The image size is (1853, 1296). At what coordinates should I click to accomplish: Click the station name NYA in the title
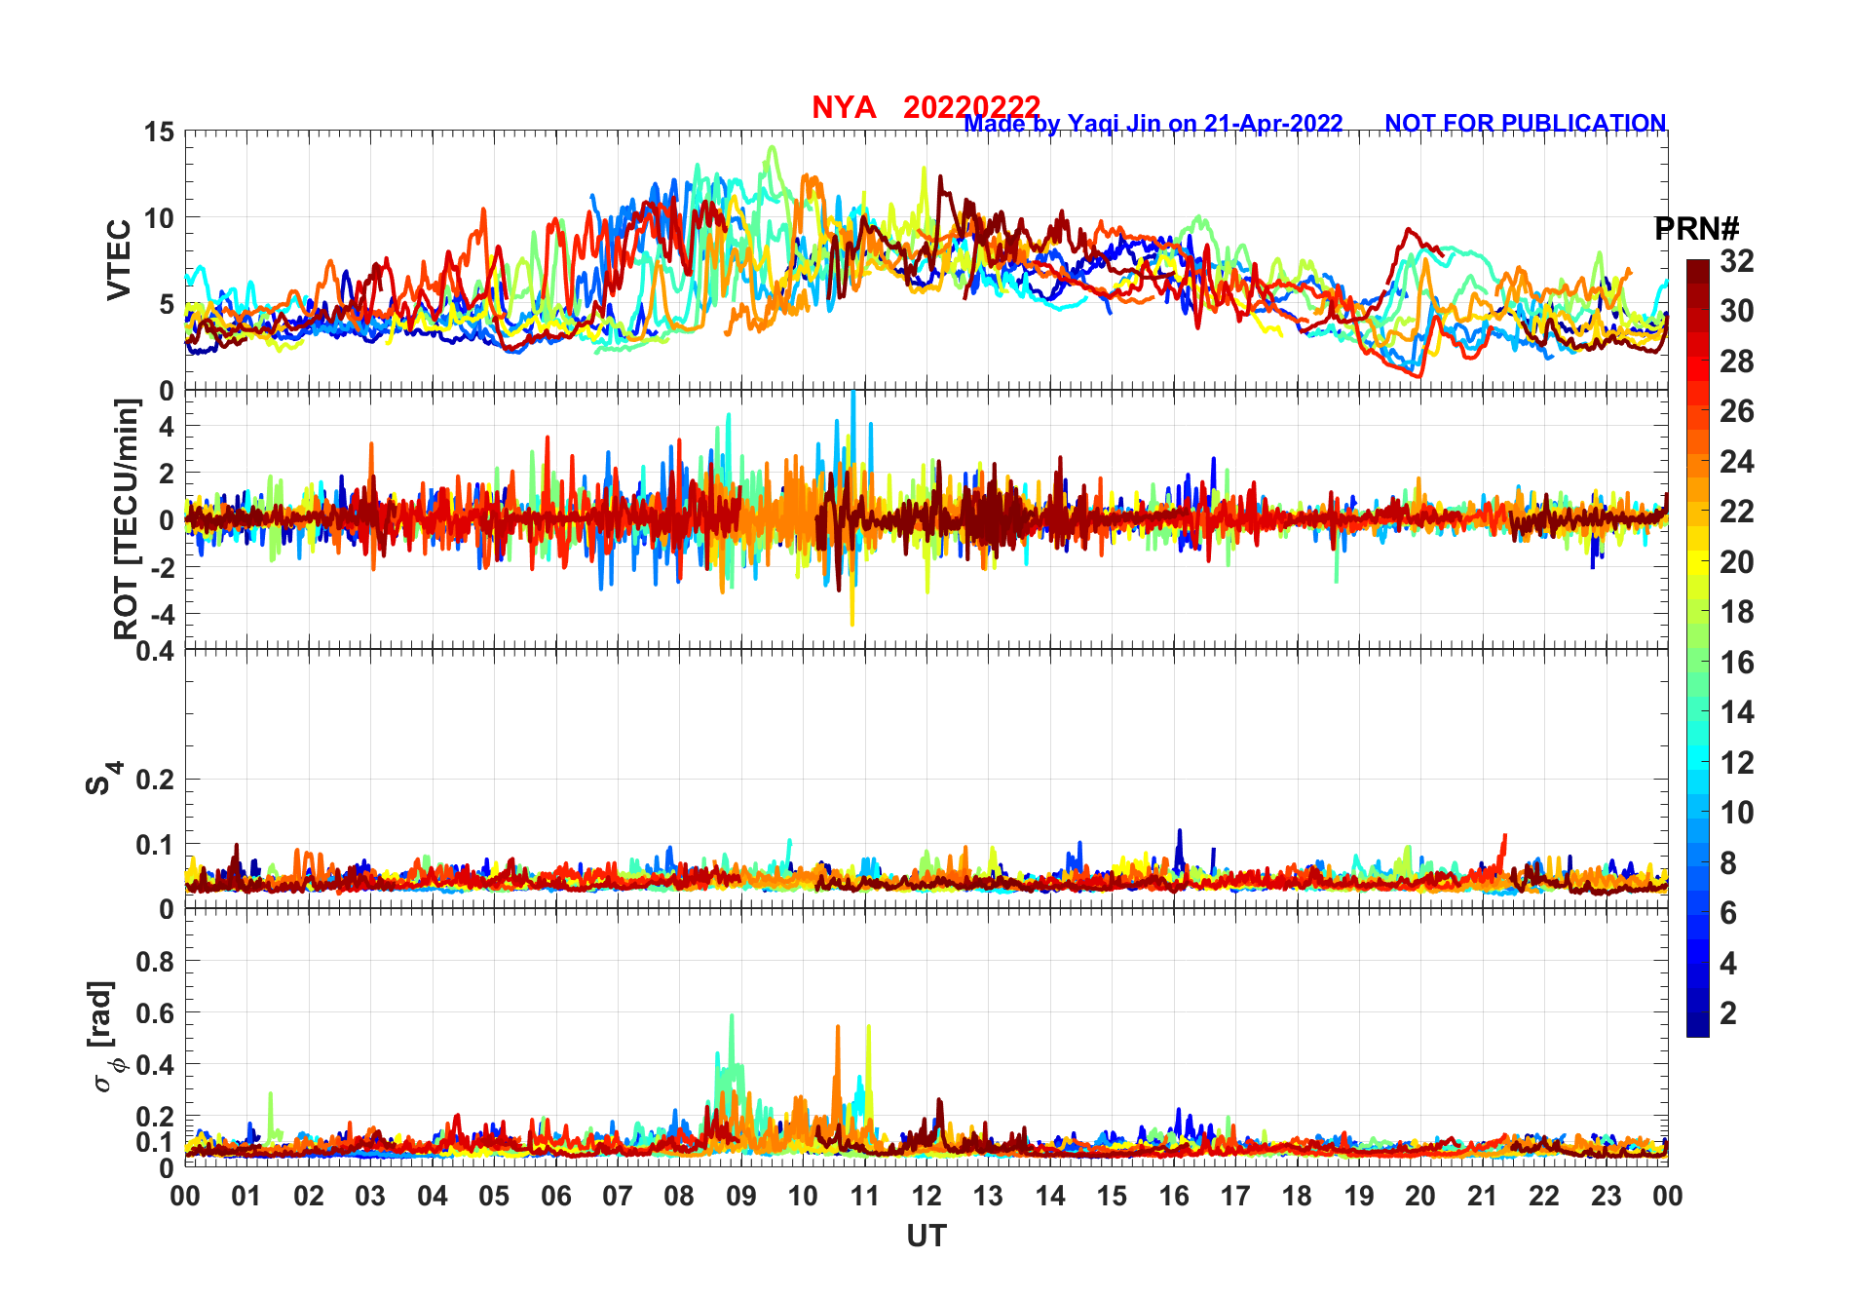click(844, 107)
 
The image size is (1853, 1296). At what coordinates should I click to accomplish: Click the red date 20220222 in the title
click(971, 106)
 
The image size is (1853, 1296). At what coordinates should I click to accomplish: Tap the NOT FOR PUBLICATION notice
click(1525, 124)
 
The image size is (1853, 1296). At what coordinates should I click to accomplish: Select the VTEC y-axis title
click(119, 260)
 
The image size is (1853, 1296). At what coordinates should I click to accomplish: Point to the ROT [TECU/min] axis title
click(126, 518)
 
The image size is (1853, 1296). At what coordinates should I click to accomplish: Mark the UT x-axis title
click(926, 1236)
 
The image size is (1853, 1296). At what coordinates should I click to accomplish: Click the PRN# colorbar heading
click(1696, 229)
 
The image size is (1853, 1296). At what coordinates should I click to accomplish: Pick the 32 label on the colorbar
click(1737, 260)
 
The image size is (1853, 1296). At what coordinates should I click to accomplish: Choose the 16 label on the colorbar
click(1737, 663)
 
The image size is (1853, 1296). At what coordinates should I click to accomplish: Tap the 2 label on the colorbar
click(1728, 1013)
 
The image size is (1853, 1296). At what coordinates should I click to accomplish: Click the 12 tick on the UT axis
click(926, 1196)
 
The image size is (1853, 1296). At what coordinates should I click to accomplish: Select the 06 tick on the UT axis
click(556, 1196)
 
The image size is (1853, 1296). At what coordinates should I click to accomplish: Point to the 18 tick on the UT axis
click(1297, 1196)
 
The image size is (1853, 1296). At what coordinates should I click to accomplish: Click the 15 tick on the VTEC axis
click(159, 133)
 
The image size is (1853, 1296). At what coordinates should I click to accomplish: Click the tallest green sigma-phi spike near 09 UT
click(732, 1017)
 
